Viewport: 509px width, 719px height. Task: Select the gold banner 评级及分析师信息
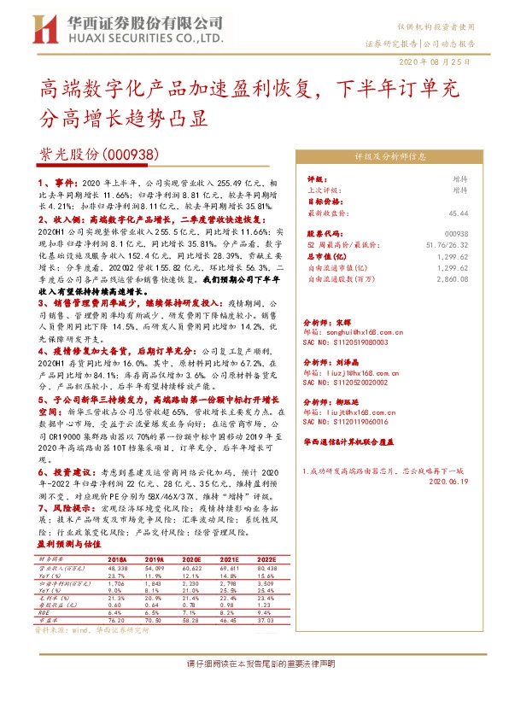(x=390, y=157)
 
